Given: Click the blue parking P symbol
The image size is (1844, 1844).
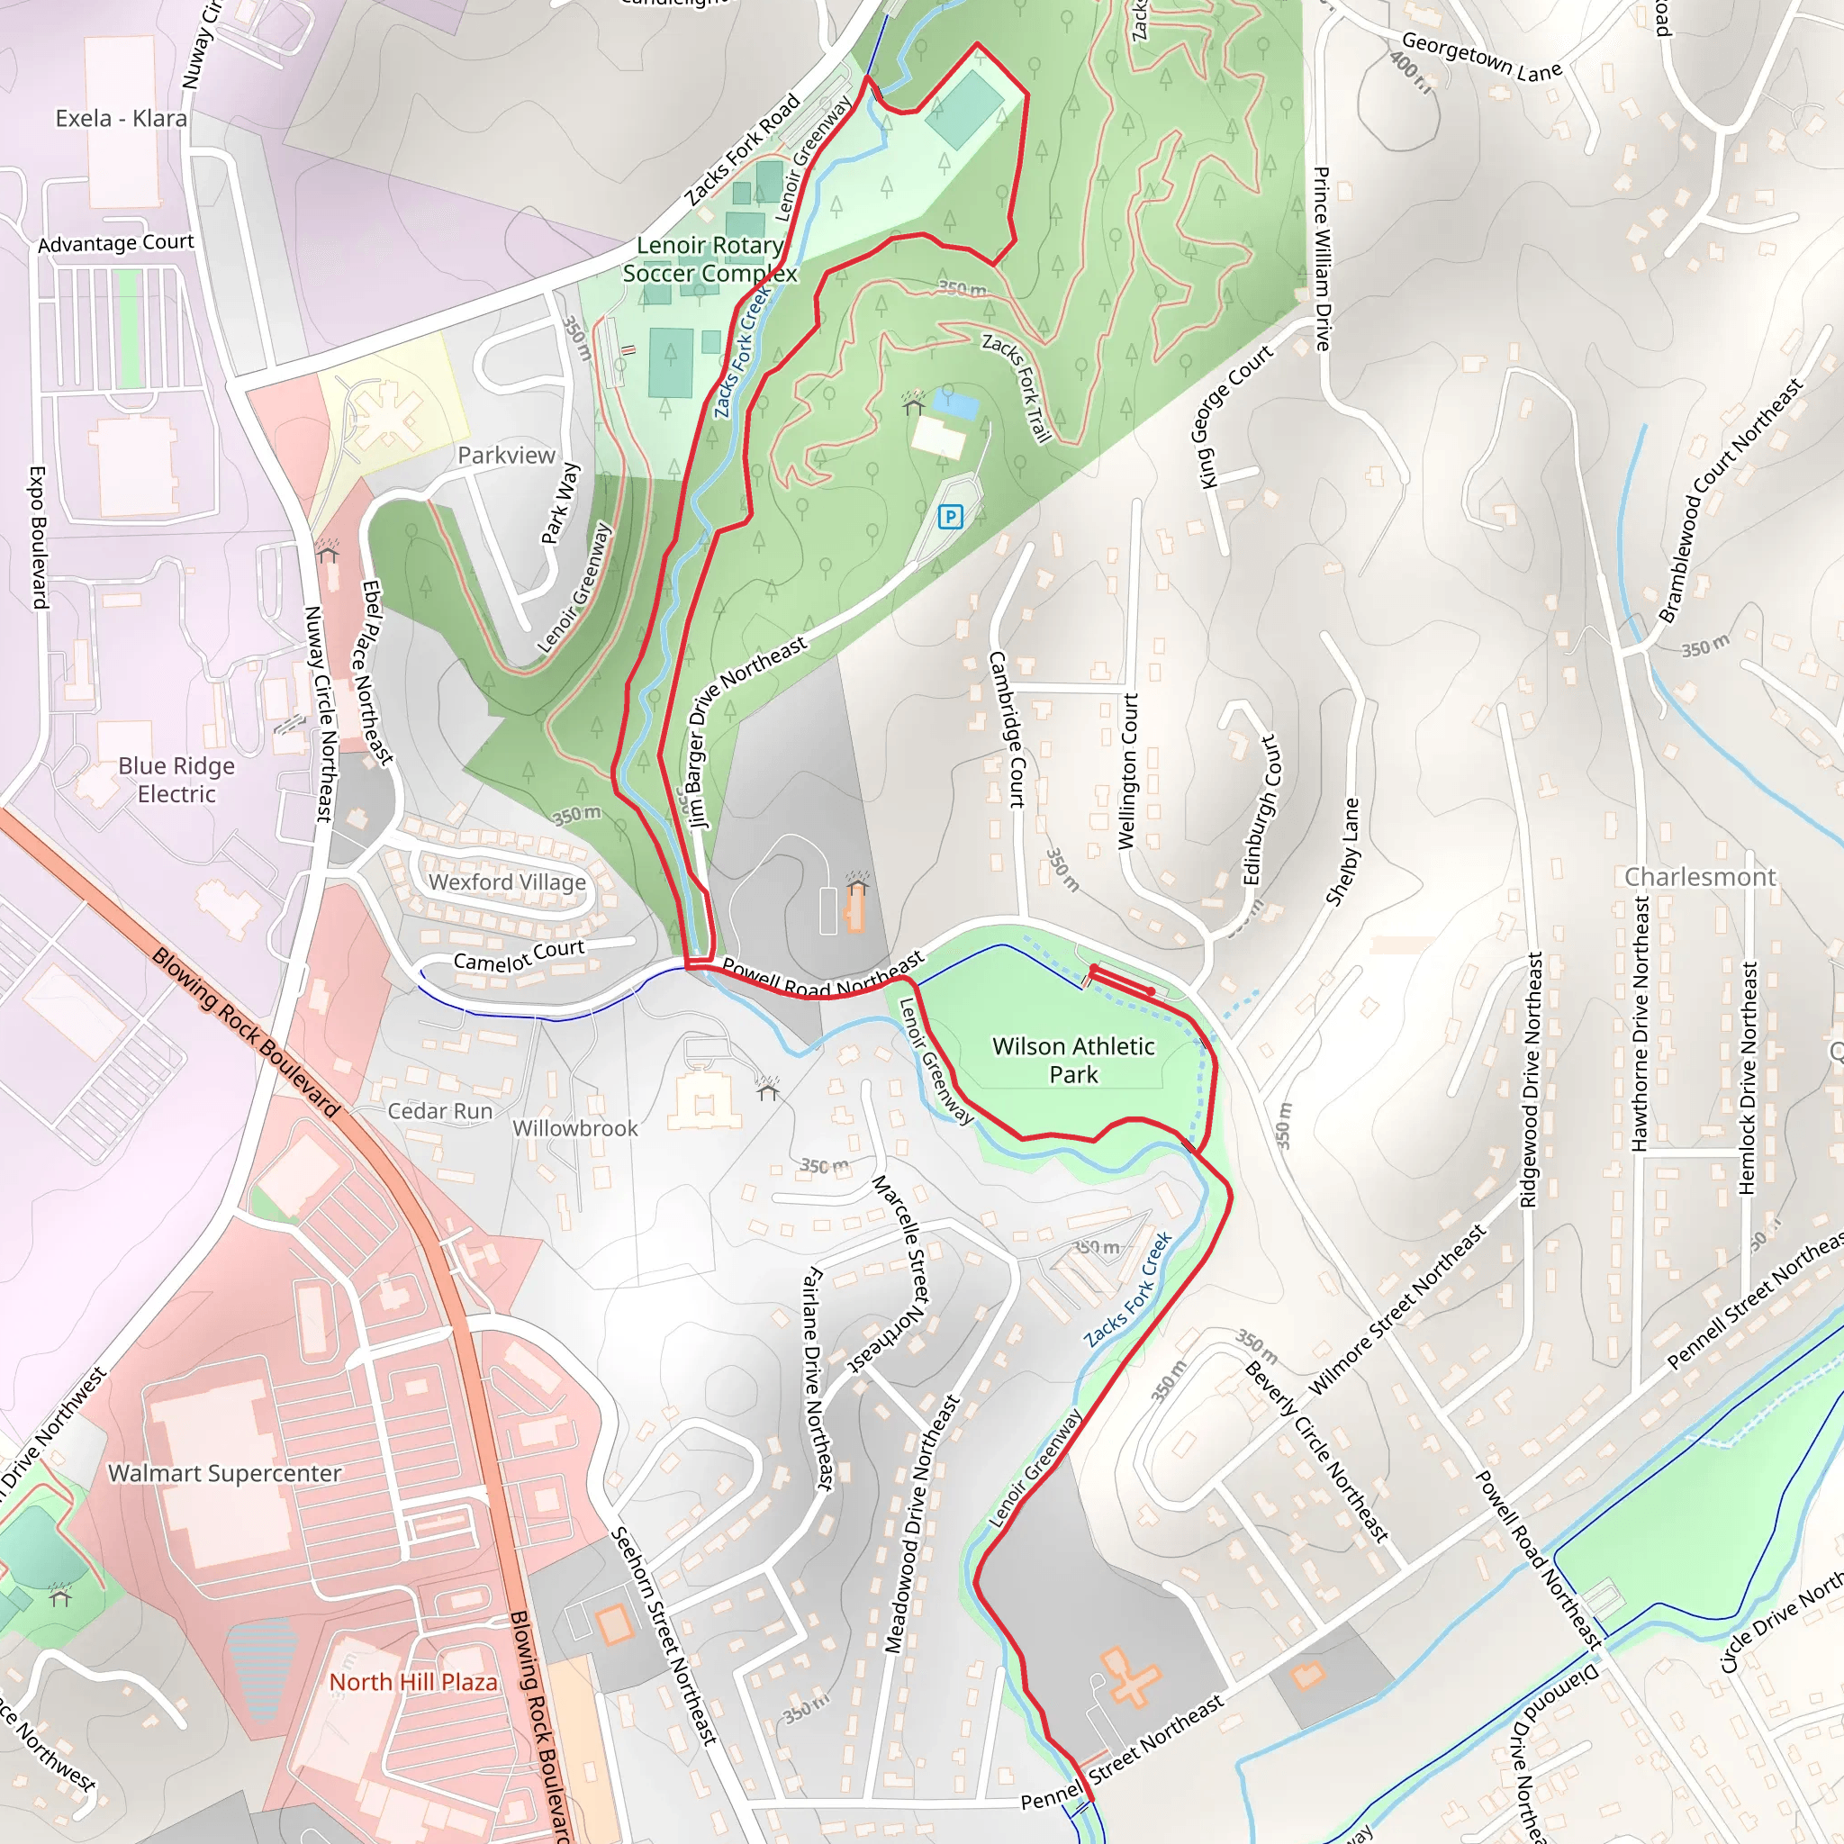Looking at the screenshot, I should pos(950,518).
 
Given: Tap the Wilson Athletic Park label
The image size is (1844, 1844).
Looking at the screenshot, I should pos(1074,1061).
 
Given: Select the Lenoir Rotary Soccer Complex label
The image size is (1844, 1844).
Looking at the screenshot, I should pos(710,259).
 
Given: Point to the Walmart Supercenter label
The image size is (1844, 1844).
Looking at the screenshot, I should pos(224,1474).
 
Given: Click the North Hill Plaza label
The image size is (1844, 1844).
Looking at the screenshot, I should pos(413,1682).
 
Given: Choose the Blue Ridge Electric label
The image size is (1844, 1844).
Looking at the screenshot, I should pos(176,780).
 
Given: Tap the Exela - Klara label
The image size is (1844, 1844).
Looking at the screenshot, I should pos(122,118).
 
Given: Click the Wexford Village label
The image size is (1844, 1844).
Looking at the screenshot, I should pos(507,881).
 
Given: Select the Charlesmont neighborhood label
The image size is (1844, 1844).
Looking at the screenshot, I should pos(1700,876).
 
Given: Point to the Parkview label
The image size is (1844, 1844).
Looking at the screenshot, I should pos(506,456).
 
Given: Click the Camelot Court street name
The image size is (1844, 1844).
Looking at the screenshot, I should pos(519,955).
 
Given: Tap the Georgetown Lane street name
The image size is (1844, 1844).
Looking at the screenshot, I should pos(1481,58).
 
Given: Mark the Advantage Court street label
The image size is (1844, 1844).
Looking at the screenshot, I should pos(115,243).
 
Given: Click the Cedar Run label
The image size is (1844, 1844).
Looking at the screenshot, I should pos(440,1111).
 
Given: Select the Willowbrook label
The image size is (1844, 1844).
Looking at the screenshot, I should pos(574,1128).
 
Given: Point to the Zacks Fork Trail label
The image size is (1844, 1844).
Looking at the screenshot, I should pos(1017,387).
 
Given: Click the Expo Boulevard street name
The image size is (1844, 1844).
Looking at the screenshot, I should pos(38,538).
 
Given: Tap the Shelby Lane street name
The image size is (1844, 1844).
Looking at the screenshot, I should pos(1342,852).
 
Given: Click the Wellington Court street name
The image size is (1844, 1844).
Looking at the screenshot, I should pos(1128,772).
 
